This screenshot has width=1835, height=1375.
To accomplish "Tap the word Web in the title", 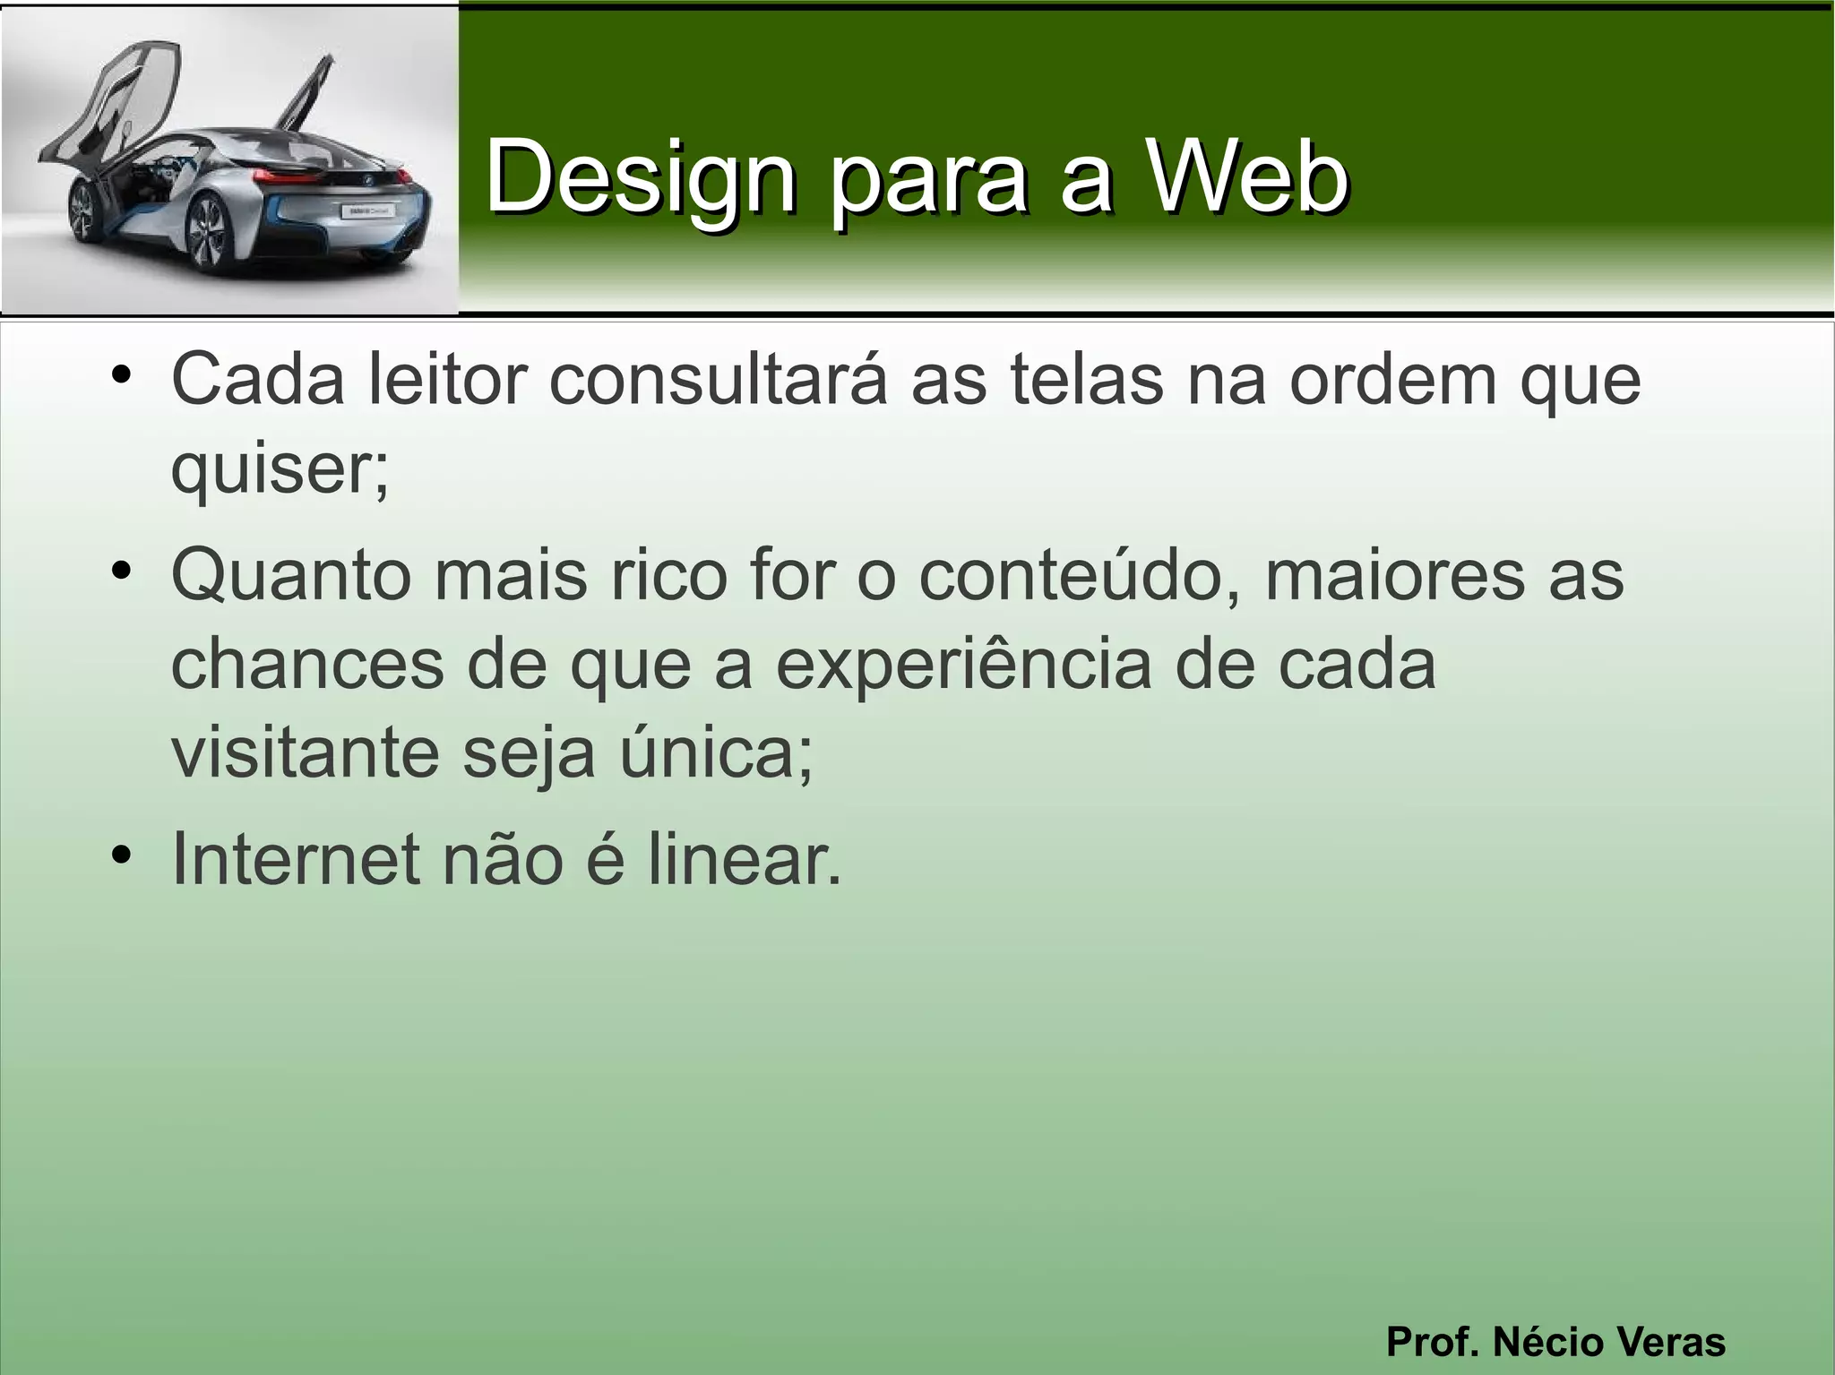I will (1247, 177).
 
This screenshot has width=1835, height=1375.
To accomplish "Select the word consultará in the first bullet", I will (718, 380).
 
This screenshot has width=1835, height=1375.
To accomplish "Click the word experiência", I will (963, 665).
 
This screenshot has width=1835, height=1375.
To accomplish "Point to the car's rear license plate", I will (365, 211).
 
